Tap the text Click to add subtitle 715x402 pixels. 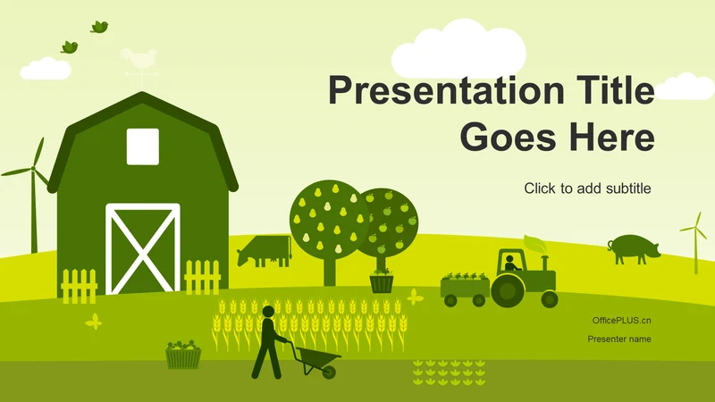[587, 188]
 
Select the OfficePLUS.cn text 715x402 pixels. [621, 321]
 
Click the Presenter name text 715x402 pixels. [618, 339]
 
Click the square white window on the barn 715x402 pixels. [143, 147]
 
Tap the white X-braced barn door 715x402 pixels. [143, 249]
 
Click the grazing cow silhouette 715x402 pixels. [265, 251]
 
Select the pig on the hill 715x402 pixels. [634, 249]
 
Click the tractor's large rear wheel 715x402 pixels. [506, 290]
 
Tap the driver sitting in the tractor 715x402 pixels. [510, 263]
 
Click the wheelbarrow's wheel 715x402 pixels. [328, 372]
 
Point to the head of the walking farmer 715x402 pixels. [268, 312]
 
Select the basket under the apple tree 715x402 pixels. [382, 283]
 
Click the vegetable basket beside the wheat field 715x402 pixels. [183, 355]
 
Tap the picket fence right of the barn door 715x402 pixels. [203, 277]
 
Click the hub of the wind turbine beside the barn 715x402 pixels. [33, 169]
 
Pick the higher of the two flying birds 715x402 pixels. [99, 27]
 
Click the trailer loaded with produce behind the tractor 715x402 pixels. [465, 289]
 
